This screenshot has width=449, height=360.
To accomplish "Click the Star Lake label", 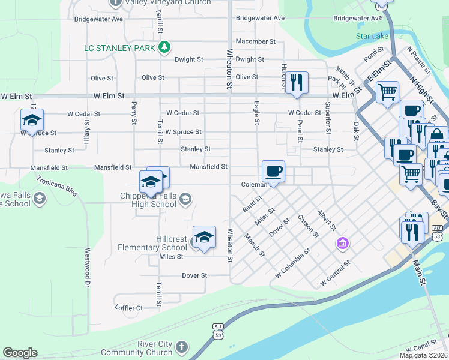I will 372,36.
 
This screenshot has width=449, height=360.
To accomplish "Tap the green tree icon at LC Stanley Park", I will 164,47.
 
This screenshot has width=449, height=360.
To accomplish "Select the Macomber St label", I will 255,41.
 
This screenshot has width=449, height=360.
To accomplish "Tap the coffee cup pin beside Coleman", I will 273,172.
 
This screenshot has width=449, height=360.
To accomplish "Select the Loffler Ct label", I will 128,308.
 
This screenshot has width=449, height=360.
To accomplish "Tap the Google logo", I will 20,353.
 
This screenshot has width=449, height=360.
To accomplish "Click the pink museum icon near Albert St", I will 342,243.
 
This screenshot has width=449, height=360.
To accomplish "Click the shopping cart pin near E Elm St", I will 387,92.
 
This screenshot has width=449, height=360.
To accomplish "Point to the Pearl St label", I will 300,130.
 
